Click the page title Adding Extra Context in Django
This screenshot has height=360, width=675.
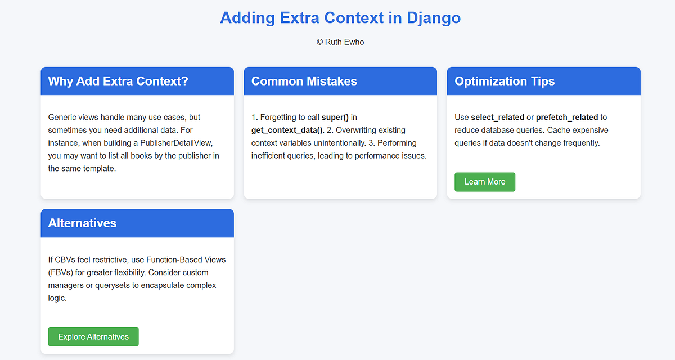(x=340, y=17)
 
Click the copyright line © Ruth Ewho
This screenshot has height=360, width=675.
(x=340, y=42)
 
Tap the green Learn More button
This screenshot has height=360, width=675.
(x=485, y=182)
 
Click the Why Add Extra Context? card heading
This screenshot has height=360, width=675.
(x=118, y=81)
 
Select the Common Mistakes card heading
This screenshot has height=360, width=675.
(x=304, y=81)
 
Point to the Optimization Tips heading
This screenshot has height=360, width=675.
(x=505, y=81)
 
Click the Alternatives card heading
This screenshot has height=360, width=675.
(x=82, y=223)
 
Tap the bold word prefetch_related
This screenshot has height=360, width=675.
(x=567, y=118)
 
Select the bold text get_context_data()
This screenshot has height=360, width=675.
(x=287, y=130)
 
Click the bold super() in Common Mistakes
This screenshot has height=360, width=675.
(x=335, y=118)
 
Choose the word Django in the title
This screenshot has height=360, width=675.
(x=434, y=17)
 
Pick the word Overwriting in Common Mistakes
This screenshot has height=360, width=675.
(x=357, y=130)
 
